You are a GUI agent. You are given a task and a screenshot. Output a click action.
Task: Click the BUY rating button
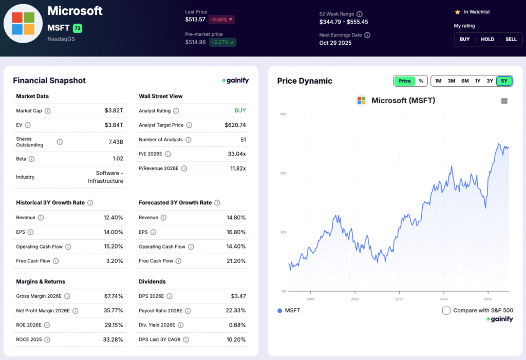pos(464,40)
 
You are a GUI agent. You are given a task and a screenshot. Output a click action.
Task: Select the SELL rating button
pos(511,40)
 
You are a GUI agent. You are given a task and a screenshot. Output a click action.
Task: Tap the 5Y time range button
pos(504,81)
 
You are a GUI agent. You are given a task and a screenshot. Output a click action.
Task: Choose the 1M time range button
pos(438,81)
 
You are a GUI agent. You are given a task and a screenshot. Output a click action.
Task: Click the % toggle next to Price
pos(421,81)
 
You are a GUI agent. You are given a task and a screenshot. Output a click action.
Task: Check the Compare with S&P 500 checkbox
pos(446,310)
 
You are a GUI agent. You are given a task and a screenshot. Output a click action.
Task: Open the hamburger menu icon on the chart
pos(504,101)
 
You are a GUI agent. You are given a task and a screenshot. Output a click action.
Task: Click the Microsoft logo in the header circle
pos(23,23)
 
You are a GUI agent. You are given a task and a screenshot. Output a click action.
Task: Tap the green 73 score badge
pos(77,28)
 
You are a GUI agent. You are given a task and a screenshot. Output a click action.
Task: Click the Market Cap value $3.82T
pos(114,110)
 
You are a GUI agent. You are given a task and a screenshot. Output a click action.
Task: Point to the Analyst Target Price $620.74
pos(235,125)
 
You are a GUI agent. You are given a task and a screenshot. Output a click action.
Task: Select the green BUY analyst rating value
pos(240,110)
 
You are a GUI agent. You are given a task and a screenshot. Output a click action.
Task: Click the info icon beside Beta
pos(31,159)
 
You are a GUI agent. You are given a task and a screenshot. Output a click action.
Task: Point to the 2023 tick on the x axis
pos(399,299)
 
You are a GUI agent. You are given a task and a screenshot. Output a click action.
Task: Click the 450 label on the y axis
pos(283,173)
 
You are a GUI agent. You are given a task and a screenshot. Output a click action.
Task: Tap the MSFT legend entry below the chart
pos(289,311)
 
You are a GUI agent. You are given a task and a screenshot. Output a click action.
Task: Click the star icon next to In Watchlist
pos(457,12)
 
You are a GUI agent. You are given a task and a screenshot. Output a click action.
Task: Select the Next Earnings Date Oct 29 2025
pos(336,43)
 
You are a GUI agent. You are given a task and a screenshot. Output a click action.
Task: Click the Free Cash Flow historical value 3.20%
pos(114,261)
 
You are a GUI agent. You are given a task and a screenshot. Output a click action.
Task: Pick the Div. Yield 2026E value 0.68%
pos(237,325)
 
